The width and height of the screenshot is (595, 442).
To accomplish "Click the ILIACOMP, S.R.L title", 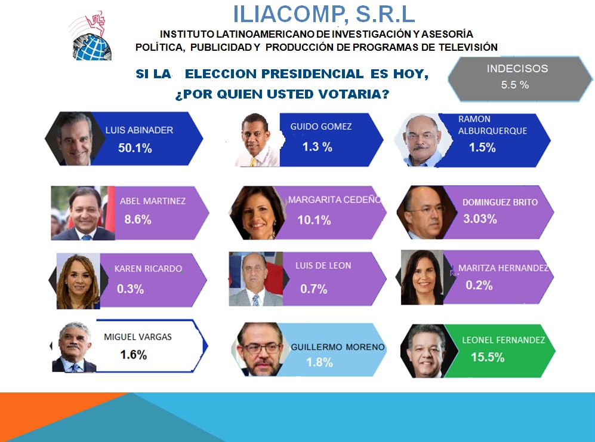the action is pyautogui.click(x=323, y=14).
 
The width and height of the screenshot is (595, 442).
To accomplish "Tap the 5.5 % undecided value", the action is pyautogui.click(x=514, y=85).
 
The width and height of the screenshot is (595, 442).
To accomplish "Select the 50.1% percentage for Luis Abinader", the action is pyautogui.click(x=135, y=148).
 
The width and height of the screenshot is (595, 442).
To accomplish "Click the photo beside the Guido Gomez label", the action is pyautogui.click(x=257, y=140).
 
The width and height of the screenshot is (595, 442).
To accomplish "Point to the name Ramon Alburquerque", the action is pyautogui.click(x=492, y=125).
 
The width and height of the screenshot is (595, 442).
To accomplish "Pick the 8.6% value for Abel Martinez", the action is pyautogui.click(x=138, y=219).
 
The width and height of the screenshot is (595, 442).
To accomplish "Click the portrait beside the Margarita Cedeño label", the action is pyautogui.click(x=257, y=213).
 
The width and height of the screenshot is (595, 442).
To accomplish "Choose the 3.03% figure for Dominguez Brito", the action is pyautogui.click(x=480, y=219).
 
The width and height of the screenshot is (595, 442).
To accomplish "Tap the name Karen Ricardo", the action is pyautogui.click(x=148, y=269).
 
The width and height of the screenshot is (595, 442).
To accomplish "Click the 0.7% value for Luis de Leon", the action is pyautogui.click(x=314, y=289).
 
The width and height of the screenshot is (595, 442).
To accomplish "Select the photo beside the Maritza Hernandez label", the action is pyautogui.click(x=423, y=277).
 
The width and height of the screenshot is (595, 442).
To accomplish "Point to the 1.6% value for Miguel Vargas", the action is pyautogui.click(x=134, y=355).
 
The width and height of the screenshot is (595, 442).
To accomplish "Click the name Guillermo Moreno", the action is pyautogui.click(x=338, y=347).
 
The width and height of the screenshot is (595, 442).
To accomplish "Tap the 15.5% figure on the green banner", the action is pyautogui.click(x=488, y=357).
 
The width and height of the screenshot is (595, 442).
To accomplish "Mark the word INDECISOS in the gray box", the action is pyautogui.click(x=517, y=68).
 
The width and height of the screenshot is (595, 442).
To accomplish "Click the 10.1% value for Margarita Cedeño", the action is pyautogui.click(x=314, y=220).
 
